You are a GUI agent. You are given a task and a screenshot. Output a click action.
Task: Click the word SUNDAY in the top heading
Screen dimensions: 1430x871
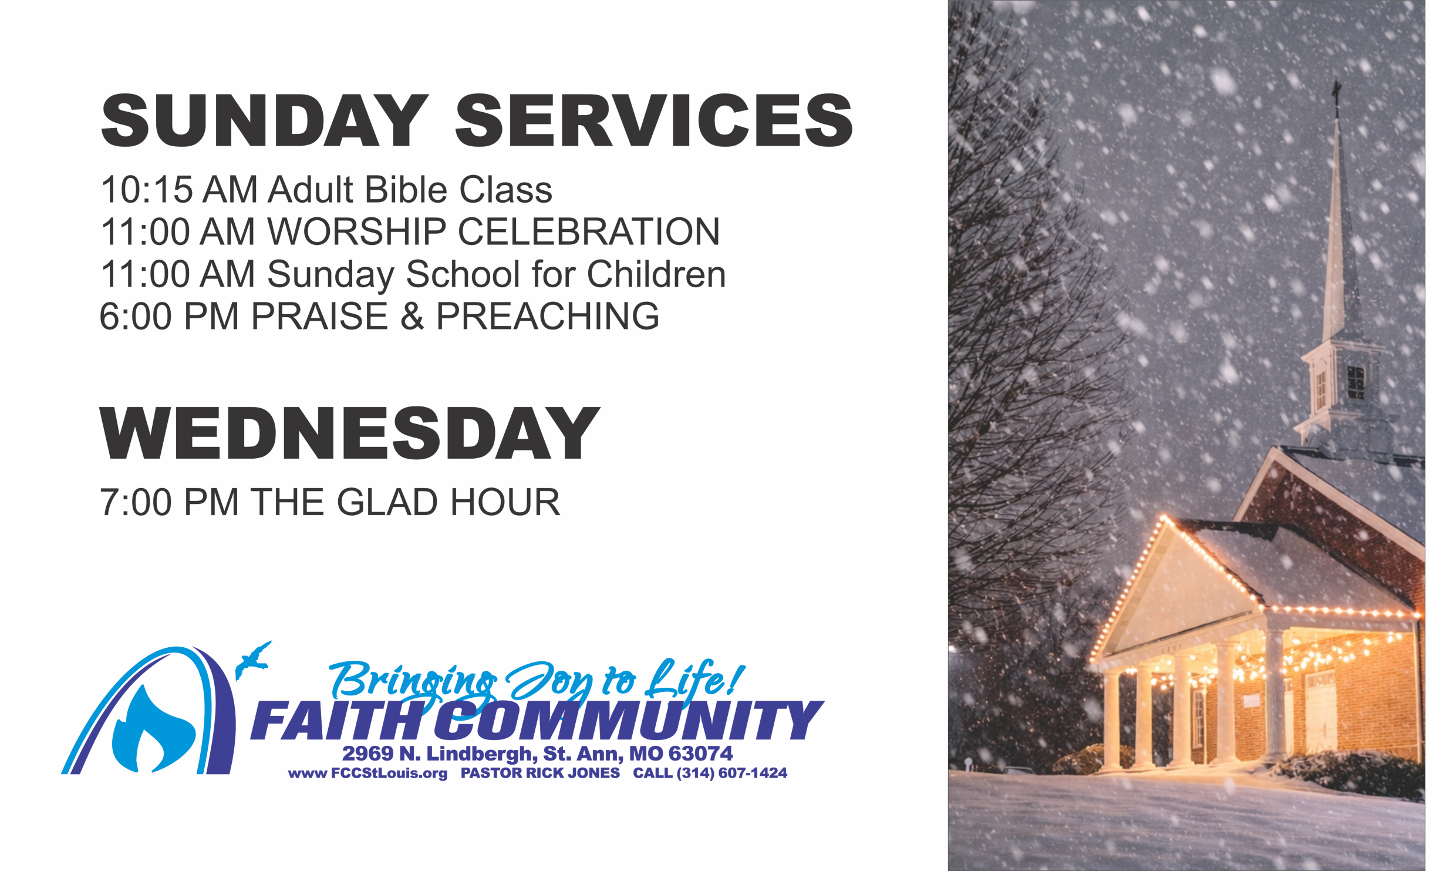[x=265, y=120]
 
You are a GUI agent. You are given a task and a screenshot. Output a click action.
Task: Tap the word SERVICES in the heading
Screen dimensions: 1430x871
[x=654, y=120]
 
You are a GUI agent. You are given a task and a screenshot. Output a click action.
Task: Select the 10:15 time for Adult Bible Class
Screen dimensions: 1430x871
[x=147, y=189]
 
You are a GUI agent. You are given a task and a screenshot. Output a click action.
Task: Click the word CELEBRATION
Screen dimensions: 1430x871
[x=588, y=231]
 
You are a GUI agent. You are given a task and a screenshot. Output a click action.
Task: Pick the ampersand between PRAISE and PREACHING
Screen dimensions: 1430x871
[x=412, y=316]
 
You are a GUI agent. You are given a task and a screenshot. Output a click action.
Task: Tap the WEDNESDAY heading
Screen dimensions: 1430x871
[x=350, y=433]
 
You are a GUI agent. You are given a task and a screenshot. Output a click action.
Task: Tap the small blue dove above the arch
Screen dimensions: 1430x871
[x=253, y=660]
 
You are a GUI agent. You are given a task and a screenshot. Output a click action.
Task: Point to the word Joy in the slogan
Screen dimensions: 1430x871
[x=550, y=681]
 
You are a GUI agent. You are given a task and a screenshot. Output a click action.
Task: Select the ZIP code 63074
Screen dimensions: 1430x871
[x=700, y=754]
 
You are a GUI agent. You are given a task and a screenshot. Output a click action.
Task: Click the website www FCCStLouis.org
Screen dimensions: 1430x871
[x=367, y=774]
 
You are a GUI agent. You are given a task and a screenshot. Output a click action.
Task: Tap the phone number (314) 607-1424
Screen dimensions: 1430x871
[x=731, y=773]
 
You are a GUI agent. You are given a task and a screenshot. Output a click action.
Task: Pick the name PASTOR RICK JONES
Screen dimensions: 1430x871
[x=540, y=773]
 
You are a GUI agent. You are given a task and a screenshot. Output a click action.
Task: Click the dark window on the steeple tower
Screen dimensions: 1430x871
[x=1355, y=382]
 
